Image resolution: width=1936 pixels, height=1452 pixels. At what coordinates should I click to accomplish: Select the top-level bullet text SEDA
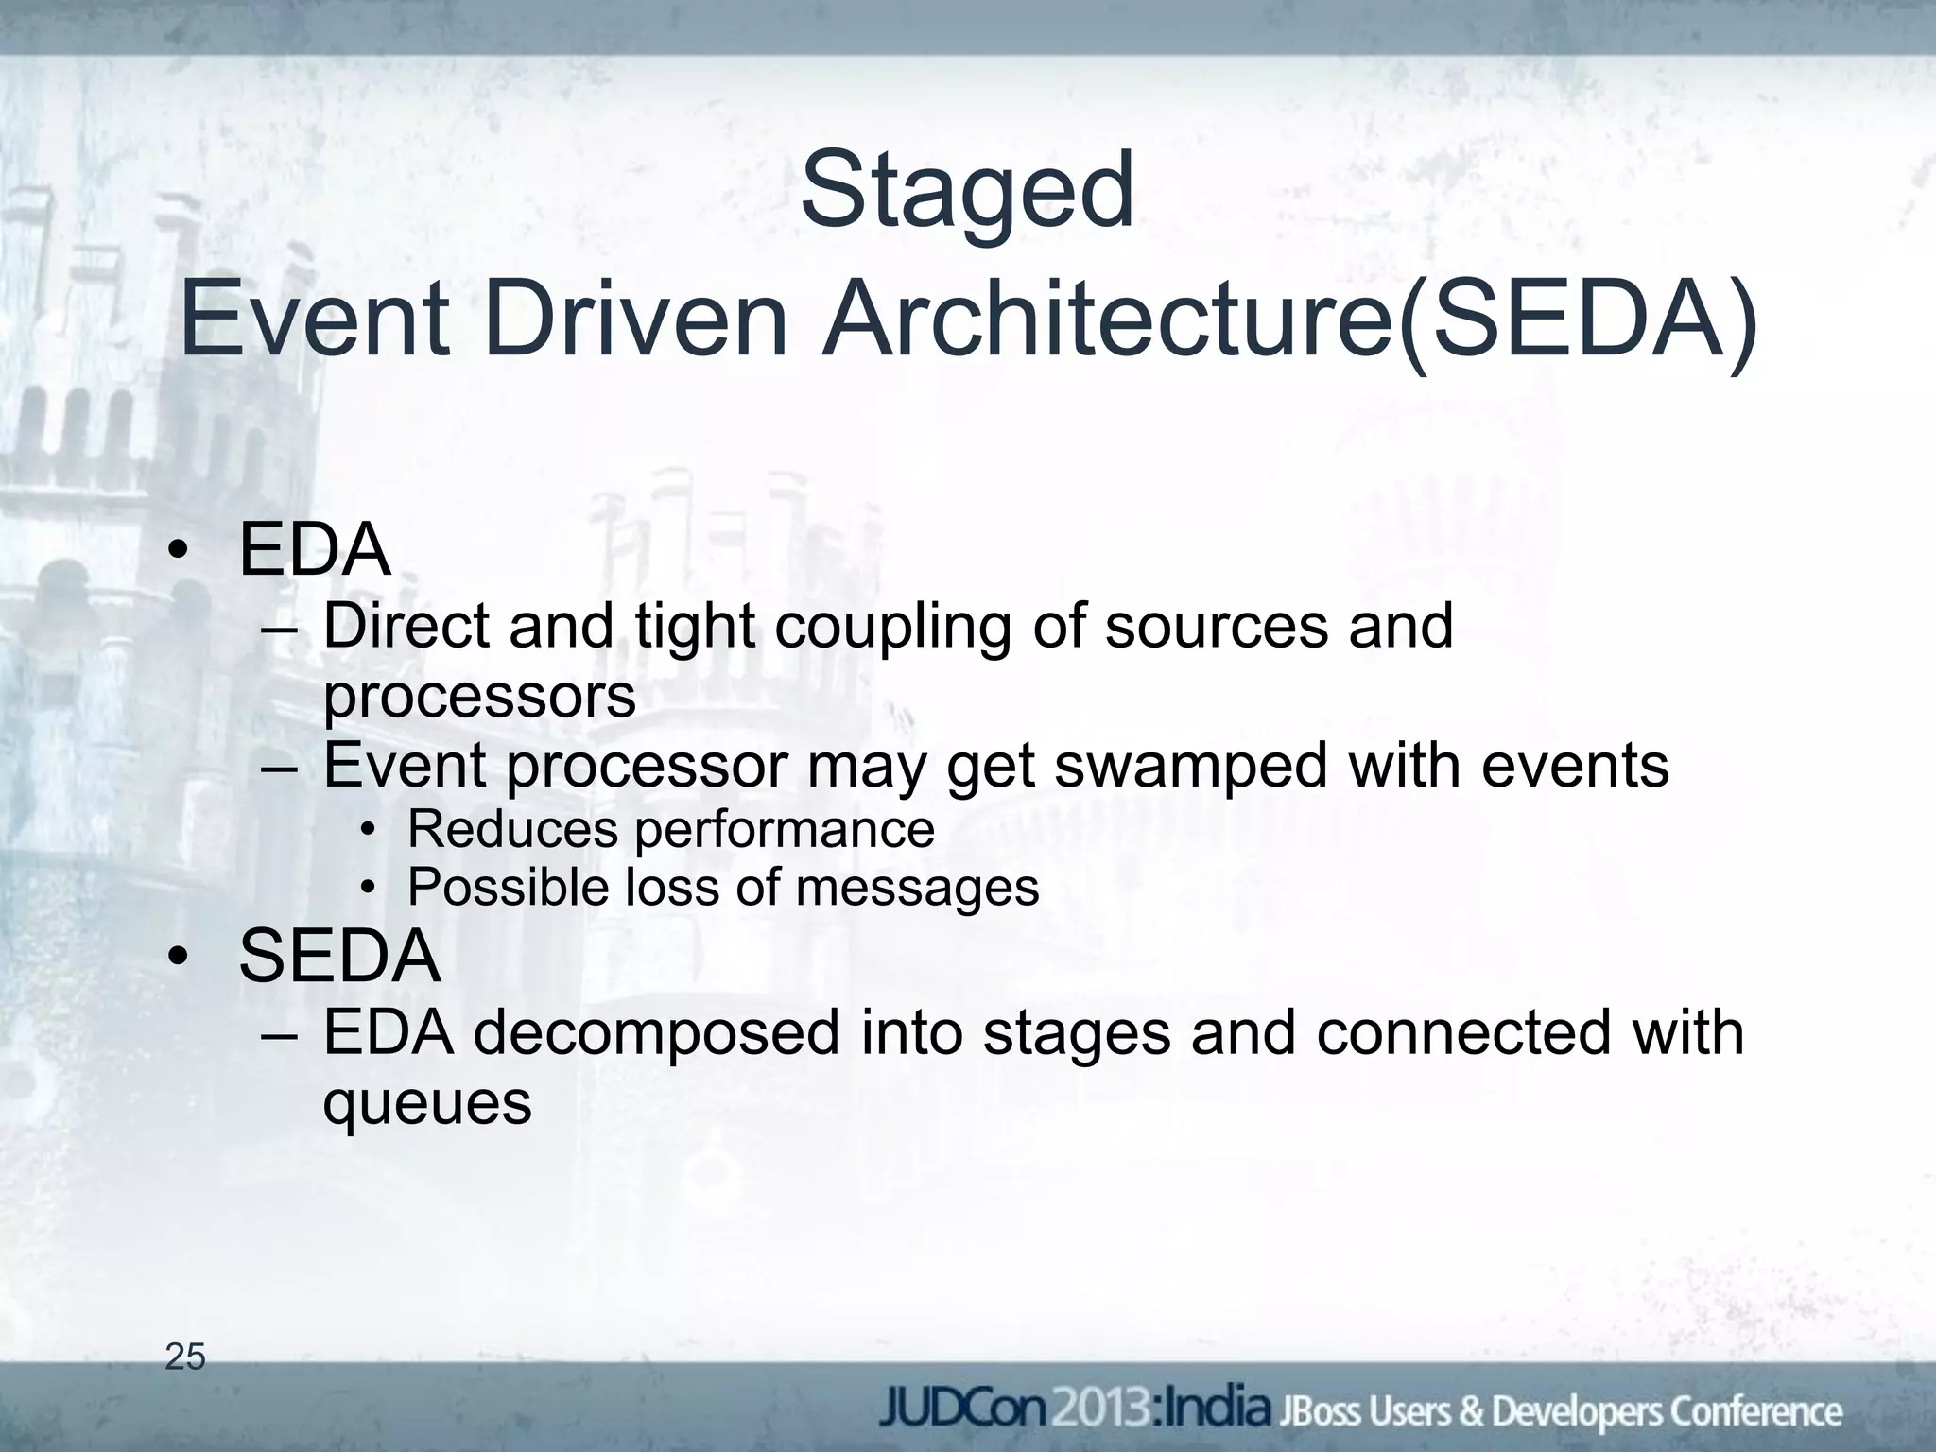point(339,957)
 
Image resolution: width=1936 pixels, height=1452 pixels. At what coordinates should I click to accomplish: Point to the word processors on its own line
point(479,698)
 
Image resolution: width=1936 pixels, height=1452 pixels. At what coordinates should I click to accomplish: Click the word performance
point(784,829)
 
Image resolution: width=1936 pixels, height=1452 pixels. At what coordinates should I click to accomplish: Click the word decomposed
point(656,1032)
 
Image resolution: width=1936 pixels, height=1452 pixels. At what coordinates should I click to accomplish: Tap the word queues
point(427,1103)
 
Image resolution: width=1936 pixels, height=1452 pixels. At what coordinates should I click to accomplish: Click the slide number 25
point(185,1357)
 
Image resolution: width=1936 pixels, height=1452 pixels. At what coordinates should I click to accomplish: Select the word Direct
point(406,627)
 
